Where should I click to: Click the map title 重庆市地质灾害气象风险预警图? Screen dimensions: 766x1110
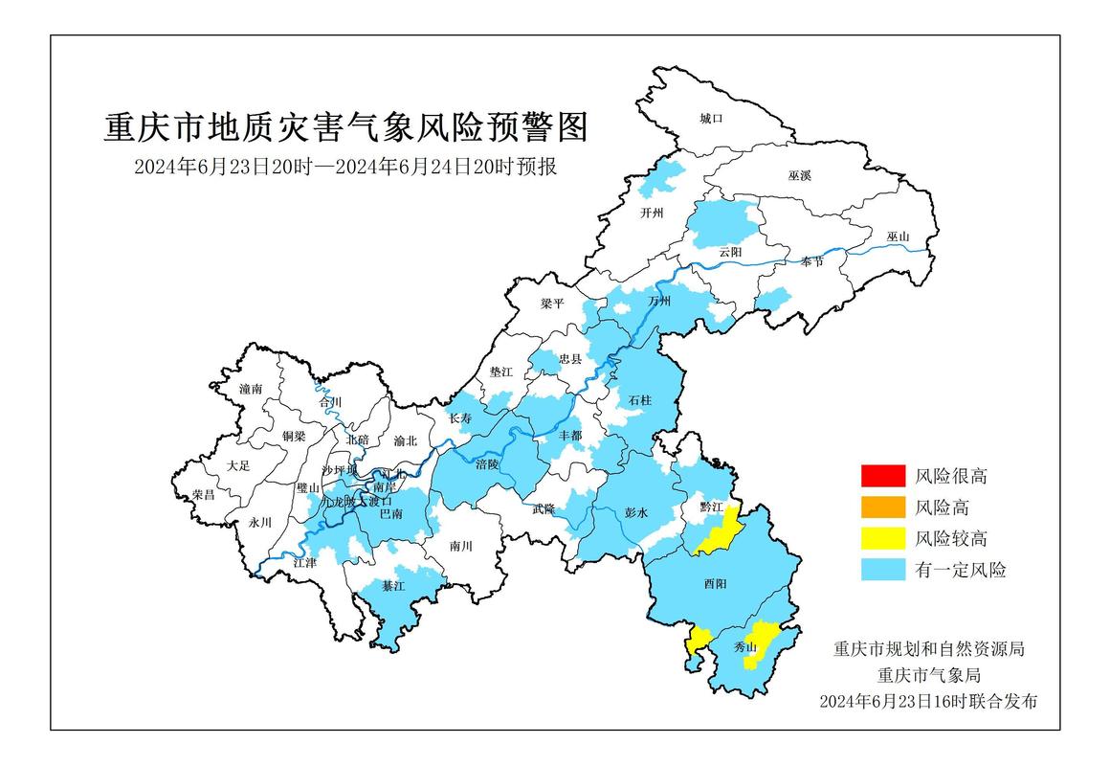[345, 125]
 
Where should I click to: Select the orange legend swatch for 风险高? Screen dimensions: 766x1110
[882, 507]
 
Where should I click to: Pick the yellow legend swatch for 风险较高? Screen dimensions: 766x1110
[882, 538]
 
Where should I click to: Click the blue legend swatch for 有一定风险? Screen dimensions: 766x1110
[882, 570]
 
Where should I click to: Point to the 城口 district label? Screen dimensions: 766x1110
[710, 119]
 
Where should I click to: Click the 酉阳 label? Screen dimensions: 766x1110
[716, 583]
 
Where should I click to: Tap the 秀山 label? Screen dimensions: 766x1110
[745, 647]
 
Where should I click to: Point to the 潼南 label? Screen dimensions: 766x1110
[252, 389]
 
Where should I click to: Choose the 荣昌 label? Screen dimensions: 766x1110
[203, 494]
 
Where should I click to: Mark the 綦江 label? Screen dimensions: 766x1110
[393, 585]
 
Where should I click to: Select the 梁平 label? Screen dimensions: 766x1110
[553, 303]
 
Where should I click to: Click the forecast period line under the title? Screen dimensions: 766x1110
[345, 167]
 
